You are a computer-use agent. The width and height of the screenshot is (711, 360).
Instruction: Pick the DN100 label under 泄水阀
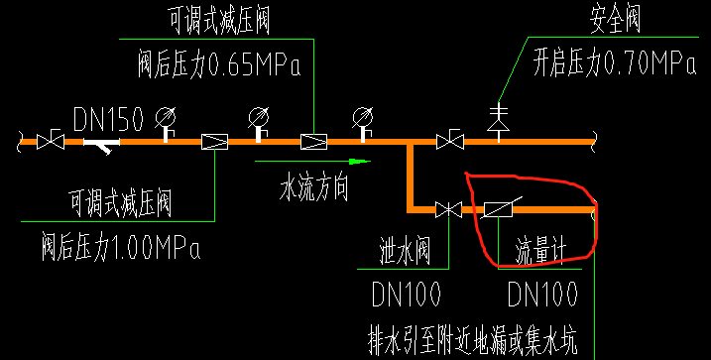pos(408,294)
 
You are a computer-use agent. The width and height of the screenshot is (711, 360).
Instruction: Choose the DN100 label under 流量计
pos(543,294)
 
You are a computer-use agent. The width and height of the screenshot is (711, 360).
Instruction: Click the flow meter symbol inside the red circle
pos(498,209)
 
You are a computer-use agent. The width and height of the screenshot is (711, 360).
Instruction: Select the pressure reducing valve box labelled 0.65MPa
pos(313,142)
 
